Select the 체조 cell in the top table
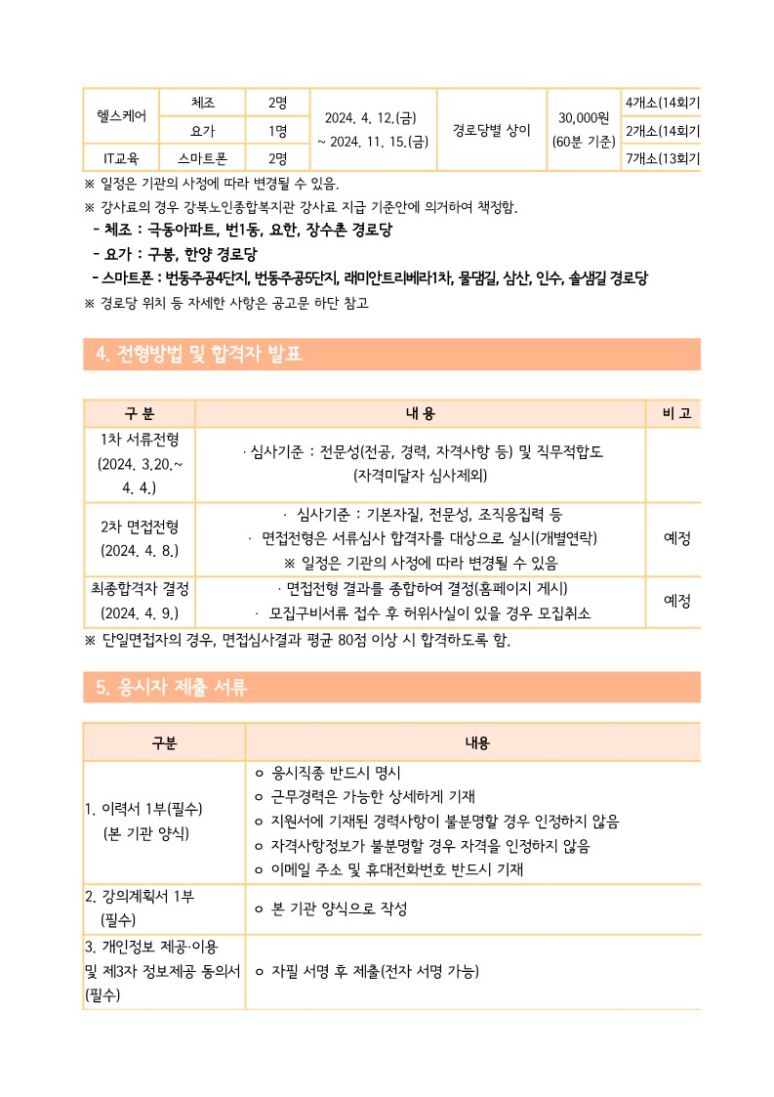point(203,102)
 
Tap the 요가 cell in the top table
point(203,130)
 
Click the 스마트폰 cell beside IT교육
point(203,157)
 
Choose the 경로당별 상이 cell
point(491,128)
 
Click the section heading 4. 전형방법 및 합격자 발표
point(201,354)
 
